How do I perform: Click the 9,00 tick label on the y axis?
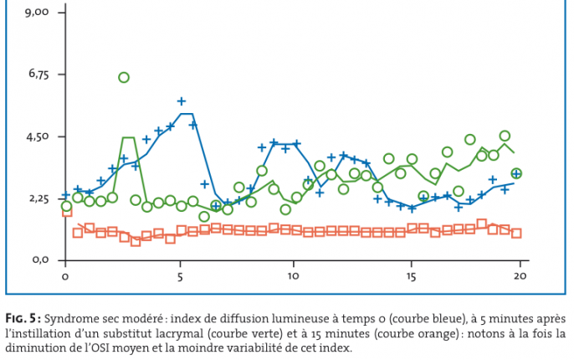39,13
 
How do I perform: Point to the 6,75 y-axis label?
39,75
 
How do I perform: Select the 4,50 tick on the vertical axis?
39,136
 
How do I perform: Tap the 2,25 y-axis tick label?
39,198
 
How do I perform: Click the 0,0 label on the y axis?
42,260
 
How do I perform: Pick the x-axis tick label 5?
180,275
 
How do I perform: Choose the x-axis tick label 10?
294,275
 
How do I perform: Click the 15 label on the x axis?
411,275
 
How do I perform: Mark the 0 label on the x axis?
64,275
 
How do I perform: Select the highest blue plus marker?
182,101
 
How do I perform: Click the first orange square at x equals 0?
67,212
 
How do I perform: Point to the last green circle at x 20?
516,173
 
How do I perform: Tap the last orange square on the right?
516,234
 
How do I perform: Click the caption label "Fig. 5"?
22,319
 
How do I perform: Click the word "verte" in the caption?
250,333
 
